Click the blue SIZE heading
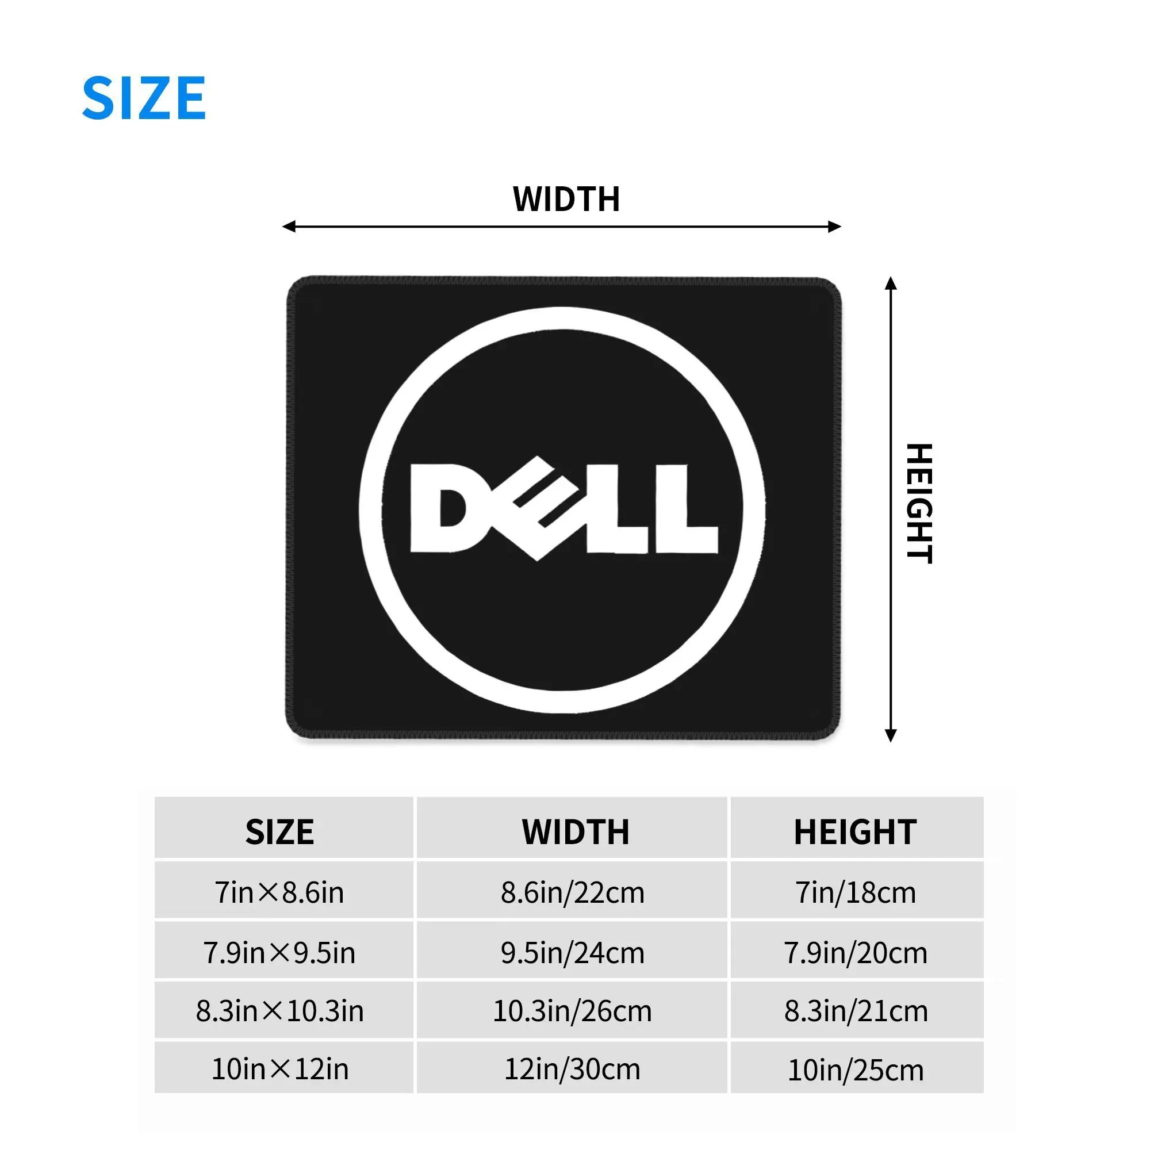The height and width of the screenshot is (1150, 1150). point(144,98)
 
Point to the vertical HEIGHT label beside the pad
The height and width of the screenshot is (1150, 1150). point(918,503)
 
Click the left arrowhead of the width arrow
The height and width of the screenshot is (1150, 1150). point(289,226)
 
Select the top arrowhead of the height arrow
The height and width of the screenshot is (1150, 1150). point(891,283)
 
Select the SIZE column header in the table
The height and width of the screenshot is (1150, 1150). point(279,831)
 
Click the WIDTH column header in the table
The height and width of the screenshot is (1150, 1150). point(575,831)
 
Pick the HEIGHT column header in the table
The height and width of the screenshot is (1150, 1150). point(855,831)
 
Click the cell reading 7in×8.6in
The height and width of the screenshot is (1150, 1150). point(279,892)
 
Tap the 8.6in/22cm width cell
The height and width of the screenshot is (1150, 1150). point(572,892)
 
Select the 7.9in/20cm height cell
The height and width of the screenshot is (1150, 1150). point(856,952)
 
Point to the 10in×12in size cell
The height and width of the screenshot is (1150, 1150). point(280,1069)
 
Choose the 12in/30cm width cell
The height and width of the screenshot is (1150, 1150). point(572,1069)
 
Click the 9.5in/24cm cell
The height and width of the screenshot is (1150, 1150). point(572,952)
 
